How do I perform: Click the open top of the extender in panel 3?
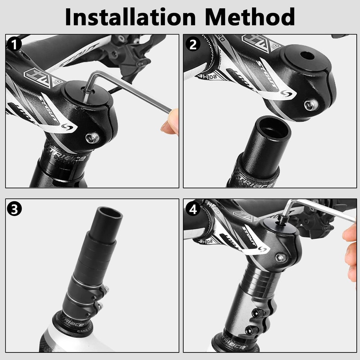(x=109, y=213)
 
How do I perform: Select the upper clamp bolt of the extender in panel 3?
(x=105, y=289)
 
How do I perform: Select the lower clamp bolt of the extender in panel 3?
(x=99, y=306)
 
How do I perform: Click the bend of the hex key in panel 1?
(x=93, y=75)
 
